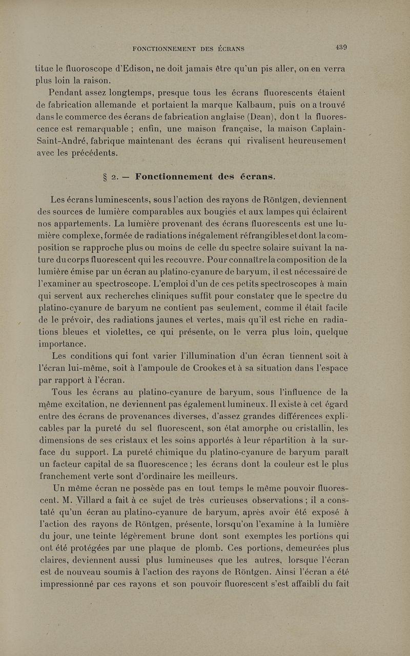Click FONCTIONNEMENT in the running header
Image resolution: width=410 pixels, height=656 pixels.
(x=164, y=49)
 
